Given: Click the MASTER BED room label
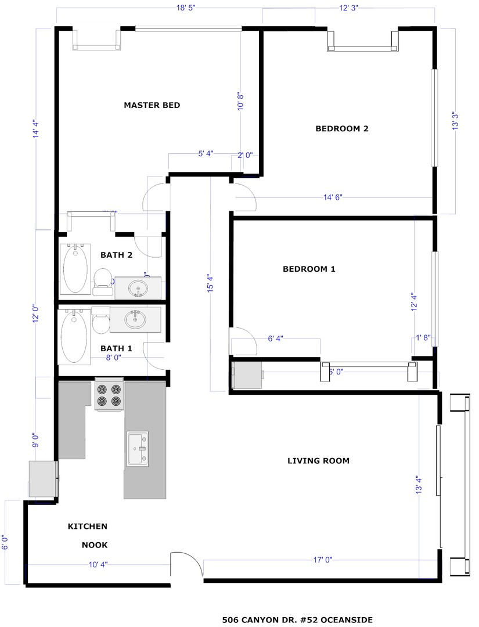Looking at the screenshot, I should [x=152, y=105].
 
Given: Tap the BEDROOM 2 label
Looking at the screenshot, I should [x=341, y=129].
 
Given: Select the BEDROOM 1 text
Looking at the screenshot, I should [x=309, y=269].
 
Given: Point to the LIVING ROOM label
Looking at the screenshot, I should [x=318, y=461].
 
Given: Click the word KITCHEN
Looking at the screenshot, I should [x=88, y=527].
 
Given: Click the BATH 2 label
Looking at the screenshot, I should [x=117, y=254].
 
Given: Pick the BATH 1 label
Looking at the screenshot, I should [x=116, y=348].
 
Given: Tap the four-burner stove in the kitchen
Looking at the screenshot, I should [x=109, y=395].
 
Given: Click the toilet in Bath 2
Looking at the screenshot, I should [x=103, y=278].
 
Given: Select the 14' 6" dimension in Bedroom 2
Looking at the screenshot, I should [x=333, y=197].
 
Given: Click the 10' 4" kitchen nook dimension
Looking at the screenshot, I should [x=98, y=564].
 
